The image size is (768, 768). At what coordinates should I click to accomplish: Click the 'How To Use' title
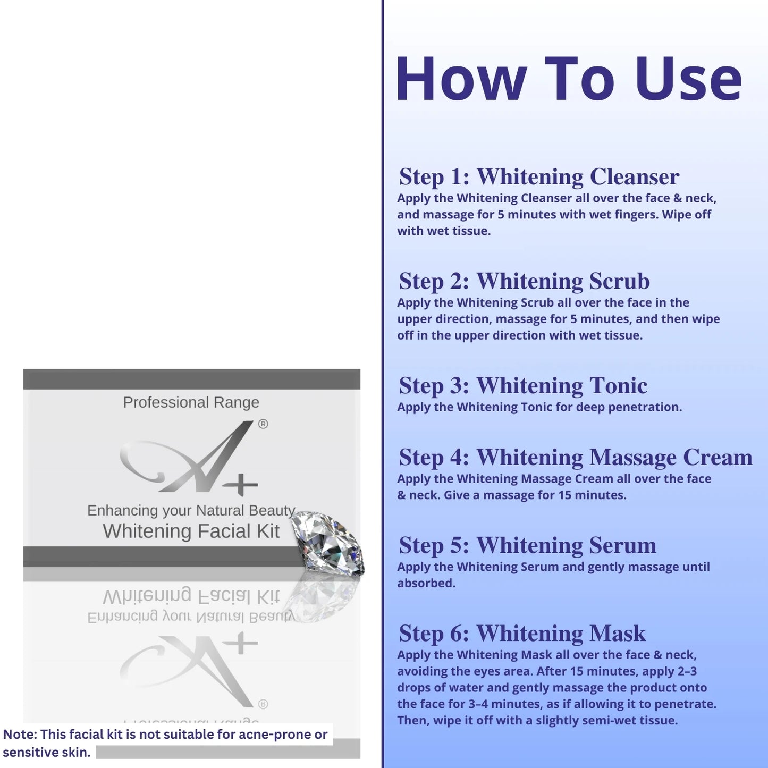coord(569,79)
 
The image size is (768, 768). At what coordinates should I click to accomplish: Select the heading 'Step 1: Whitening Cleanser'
coord(539,176)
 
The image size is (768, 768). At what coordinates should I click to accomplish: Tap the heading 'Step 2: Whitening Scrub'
coord(524,281)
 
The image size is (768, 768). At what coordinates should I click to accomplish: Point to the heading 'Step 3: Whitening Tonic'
coord(523,385)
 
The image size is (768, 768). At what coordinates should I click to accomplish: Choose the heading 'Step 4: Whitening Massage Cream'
coord(576,457)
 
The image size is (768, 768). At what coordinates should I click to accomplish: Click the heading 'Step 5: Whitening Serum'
coord(527,545)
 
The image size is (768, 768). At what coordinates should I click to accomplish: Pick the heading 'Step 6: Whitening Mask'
coord(522,634)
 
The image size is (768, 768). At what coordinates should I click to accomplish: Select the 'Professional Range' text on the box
coord(191,402)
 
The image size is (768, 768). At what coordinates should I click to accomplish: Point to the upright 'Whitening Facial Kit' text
coord(191,531)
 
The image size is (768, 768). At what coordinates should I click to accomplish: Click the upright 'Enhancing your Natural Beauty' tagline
coord(191,510)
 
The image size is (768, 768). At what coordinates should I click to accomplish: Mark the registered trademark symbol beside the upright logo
coord(263,424)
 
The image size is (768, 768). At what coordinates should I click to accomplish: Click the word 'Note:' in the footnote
coord(20,734)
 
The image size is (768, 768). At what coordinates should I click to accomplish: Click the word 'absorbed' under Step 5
coord(426,583)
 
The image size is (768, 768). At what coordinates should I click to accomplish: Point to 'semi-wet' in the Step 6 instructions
coord(608,721)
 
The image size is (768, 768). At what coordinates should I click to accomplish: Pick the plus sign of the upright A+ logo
coord(240,485)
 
